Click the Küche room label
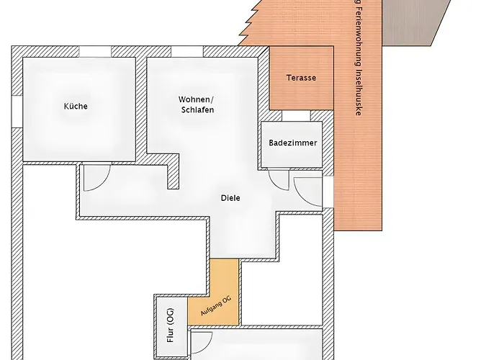pos(76,106)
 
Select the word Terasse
pos(301,78)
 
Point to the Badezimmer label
pos(293,143)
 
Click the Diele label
pos(230,198)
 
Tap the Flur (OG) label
pos(171,325)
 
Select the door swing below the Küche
pos(103,184)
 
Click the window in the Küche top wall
pos(95,51)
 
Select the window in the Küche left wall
pos(17,111)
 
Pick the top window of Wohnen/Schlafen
pos(187,51)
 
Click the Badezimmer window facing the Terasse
pos(296,116)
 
